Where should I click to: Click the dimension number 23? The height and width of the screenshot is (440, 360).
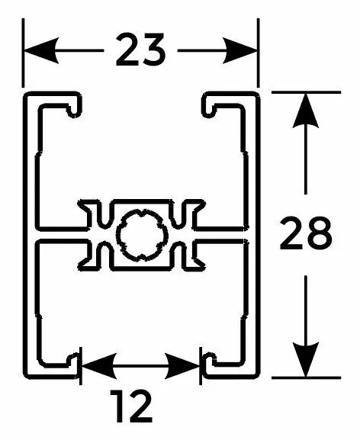pyautogui.click(x=140, y=50)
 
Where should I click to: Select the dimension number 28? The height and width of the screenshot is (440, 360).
pyautogui.click(x=306, y=233)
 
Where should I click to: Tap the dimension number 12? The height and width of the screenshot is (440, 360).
pyautogui.click(x=131, y=406)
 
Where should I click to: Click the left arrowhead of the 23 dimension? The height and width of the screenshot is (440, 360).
pyautogui.click(x=41, y=50)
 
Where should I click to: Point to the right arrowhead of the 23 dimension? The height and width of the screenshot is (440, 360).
pyautogui.click(x=240, y=50)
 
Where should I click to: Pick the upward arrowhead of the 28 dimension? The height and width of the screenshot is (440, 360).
pyautogui.click(x=306, y=111)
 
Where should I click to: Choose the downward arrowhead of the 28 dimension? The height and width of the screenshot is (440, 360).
pyautogui.click(x=306, y=359)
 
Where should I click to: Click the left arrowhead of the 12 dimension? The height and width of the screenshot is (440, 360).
pyautogui.click(x=99, y=366)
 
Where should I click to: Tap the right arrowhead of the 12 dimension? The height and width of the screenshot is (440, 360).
pyautogui.click(x=182, y=366)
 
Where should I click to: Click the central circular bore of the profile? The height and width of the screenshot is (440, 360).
pyautogui.click(x=142, y=235)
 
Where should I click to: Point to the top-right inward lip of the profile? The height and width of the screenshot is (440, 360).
pyautogui.click(x=209, y=105)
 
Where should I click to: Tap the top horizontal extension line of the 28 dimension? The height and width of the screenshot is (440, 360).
pyautogui.click(x=306, y=92)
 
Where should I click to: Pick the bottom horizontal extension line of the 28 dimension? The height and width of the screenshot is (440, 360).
pyautogui.click(x=306, y=377)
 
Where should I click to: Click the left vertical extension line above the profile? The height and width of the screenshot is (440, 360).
pyautogui.click(x=23, y=53)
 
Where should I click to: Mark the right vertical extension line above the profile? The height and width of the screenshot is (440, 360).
pyautogui.click(x=258, y=53)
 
